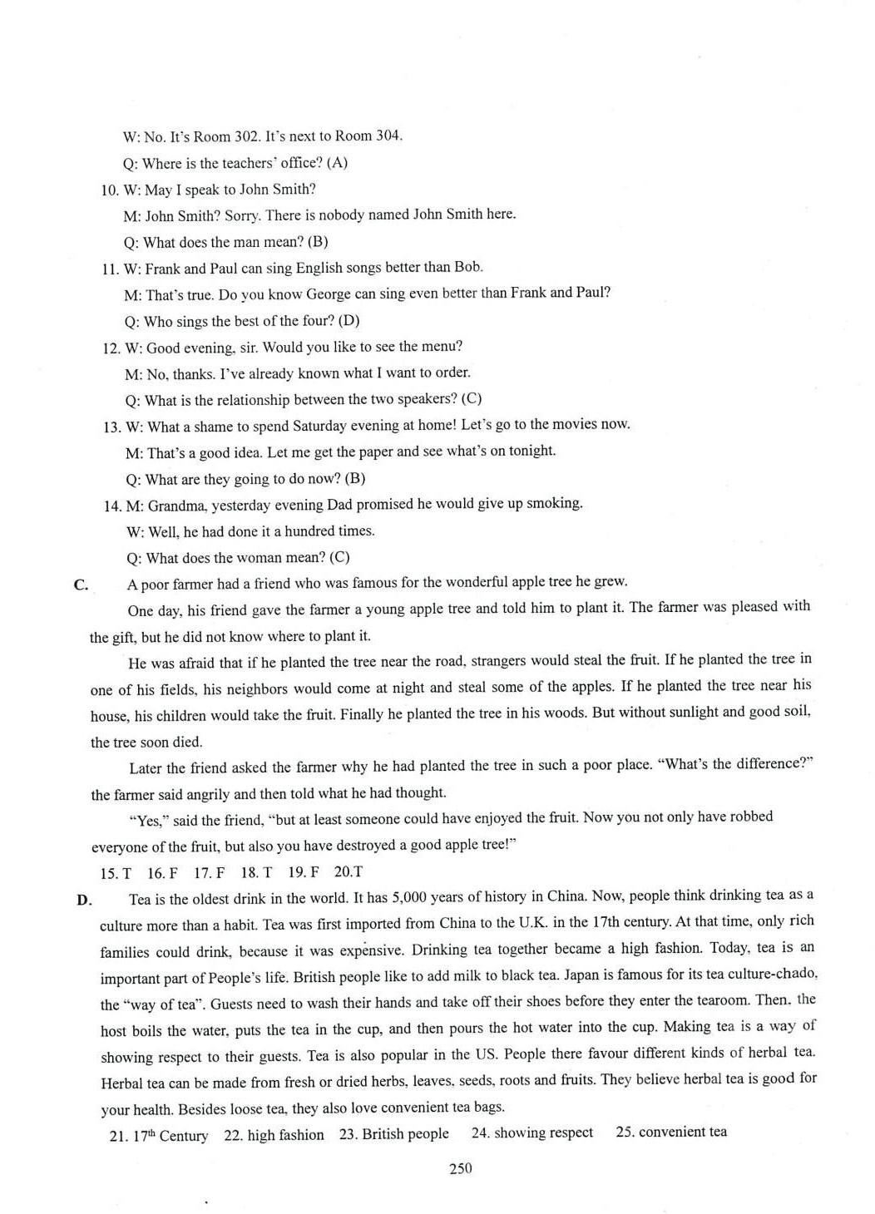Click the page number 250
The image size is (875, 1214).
[x=460, y=1168]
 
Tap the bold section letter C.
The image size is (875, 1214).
[x=82, y=585]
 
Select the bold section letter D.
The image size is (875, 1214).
[x=83, y=900]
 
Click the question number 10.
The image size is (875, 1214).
[x=110, y=190]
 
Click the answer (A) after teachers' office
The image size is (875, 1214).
[x=337, y=162]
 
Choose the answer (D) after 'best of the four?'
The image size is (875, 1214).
[x=349, y=320]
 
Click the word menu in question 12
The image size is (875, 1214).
[x=442, y=346]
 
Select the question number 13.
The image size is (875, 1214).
[x=112, y=427]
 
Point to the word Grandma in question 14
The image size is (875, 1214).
[x=177, y=506]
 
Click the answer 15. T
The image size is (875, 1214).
[x=116, y=873]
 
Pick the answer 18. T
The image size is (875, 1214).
[x=256, y=872]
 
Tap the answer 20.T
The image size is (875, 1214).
[x=349, y=871]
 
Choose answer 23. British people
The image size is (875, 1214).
[x=393, y=1134]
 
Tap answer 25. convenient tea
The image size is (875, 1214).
[x=671, y=1132]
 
